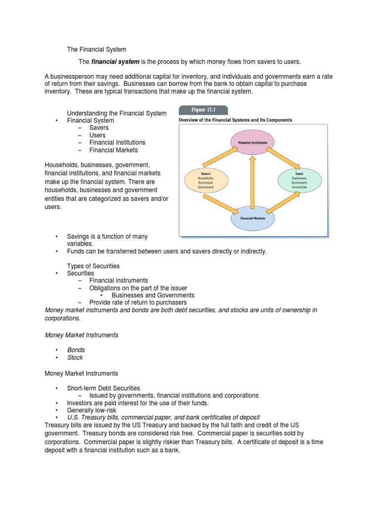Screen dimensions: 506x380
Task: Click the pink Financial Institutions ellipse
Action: pyautogui.click(x=252, y=142)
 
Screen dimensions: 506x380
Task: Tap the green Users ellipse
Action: pyautogui.click(x=299, y=181)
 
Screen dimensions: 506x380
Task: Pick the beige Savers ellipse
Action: pyautogui.click(x=206, y=181)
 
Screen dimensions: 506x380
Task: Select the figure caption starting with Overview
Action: pyautogui.click(x=235, y=120)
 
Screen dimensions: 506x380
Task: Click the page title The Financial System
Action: pyautogui.click(x=96, y=49)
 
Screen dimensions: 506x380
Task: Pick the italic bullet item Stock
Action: pyautogui.click(x=75, y=358)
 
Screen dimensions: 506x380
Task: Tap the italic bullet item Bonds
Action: pyautogui.click(x=76, y=350)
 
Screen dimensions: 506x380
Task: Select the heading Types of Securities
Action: pyautogui.click(x=94, y=266)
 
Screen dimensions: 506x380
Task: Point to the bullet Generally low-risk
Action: pyautogui.click(x=95, y=410)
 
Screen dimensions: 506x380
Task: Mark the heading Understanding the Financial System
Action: pyautogui.click(x=117, y=113)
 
